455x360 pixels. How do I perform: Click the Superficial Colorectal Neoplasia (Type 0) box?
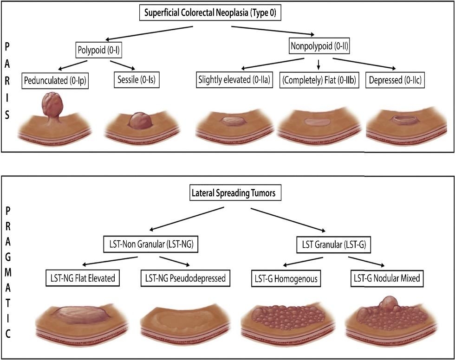pos(210,13)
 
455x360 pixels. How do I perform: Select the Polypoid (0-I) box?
pos(98,50)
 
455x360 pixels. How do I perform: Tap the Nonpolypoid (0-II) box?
pos(319,46)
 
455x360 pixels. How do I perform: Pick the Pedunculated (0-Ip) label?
pos(55,80)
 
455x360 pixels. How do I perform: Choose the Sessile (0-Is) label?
pos(136,80)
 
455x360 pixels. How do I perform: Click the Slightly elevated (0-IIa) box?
pos(234,80)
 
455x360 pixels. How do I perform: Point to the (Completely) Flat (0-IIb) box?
pos(319,80)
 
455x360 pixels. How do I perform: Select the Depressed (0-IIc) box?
pos(395,80)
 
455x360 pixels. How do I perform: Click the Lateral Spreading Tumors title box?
pos(234,193)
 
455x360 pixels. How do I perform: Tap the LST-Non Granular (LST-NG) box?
pos(151,244)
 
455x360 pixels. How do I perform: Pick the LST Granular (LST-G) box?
pos(334,245)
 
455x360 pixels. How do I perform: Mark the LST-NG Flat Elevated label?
pos(83,278)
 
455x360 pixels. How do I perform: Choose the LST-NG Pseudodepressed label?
pos(185,278)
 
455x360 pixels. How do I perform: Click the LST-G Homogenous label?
pos(286,279)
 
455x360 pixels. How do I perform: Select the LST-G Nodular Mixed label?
pos(387,278)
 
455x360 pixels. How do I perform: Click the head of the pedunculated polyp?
pos(52,103)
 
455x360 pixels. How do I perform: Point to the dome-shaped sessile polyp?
pos(141,121)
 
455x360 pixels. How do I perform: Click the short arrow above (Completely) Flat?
pos(318,64)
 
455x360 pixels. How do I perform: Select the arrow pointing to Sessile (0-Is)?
pos(123,65)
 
